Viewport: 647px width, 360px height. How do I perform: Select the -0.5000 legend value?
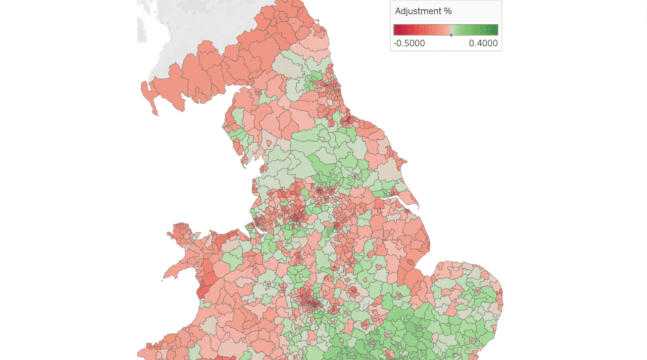409,43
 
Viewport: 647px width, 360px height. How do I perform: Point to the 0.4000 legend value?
483,43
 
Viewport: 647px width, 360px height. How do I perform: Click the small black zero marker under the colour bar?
451,35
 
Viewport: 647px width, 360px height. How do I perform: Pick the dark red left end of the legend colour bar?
396,29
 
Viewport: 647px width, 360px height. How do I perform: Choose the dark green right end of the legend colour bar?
495,29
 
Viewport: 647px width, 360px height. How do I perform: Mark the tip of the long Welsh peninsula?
165,279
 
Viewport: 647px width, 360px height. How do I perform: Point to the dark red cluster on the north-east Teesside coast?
348,120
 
